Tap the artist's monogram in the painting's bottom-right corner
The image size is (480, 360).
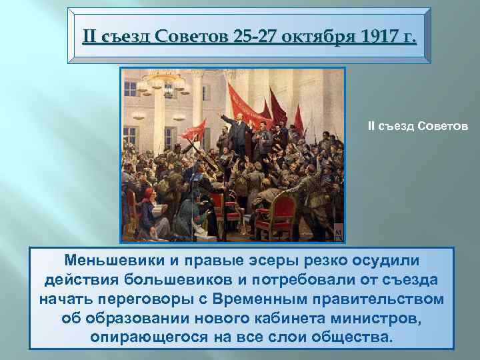pos(338,231)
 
